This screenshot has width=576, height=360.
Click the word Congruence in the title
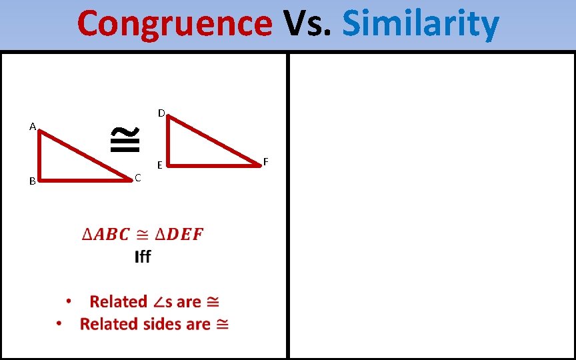[174, 23]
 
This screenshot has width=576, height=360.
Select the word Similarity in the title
[420, 23]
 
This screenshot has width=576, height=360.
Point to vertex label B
[32, 181]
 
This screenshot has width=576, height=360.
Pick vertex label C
[137, 177]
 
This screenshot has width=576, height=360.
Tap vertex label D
[161, 113]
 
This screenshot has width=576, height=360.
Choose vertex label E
[159, 165]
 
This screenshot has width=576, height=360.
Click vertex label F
[265, 161]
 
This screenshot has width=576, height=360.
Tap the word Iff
[143, 257]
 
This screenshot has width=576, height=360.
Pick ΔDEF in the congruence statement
[179, 235]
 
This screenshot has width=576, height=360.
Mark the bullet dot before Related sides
[59, 323]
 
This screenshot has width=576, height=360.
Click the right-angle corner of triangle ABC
[40, 179]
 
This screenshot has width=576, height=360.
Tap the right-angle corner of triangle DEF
[168, 163]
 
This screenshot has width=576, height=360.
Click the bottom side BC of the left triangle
[83, 179]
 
